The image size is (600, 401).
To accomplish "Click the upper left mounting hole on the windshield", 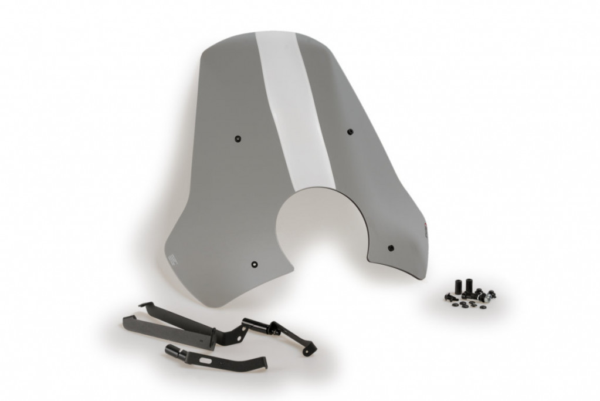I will coord(238,139).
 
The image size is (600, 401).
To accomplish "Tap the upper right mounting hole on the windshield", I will coord(350,131).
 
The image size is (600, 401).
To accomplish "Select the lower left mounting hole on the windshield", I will coord(254,264).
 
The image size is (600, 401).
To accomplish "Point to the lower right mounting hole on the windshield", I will coord(391,247).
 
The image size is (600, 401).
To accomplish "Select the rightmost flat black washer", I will coord(483,306).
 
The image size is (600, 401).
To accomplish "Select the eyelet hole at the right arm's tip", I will coord(306,351).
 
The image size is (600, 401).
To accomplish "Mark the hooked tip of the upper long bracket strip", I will coord(144,305).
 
